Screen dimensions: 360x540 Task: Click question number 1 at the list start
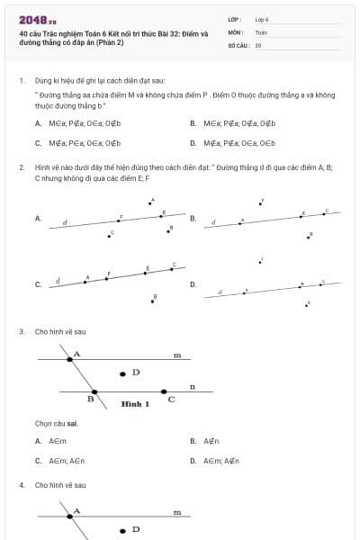click(21, 80)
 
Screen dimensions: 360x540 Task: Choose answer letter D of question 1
click(193, 142)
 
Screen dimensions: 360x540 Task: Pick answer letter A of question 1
click(38, 123)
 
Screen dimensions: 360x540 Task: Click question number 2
click(21, 167)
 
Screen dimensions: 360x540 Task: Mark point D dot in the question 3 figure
click(123, 373)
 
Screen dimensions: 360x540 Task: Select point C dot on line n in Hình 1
click(164, 391)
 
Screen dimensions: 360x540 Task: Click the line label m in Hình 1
click(177, 355)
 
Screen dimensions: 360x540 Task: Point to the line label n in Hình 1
click(192, 387)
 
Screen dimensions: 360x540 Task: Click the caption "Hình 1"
click(135, 404)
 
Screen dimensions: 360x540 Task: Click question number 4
click(21, 485)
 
